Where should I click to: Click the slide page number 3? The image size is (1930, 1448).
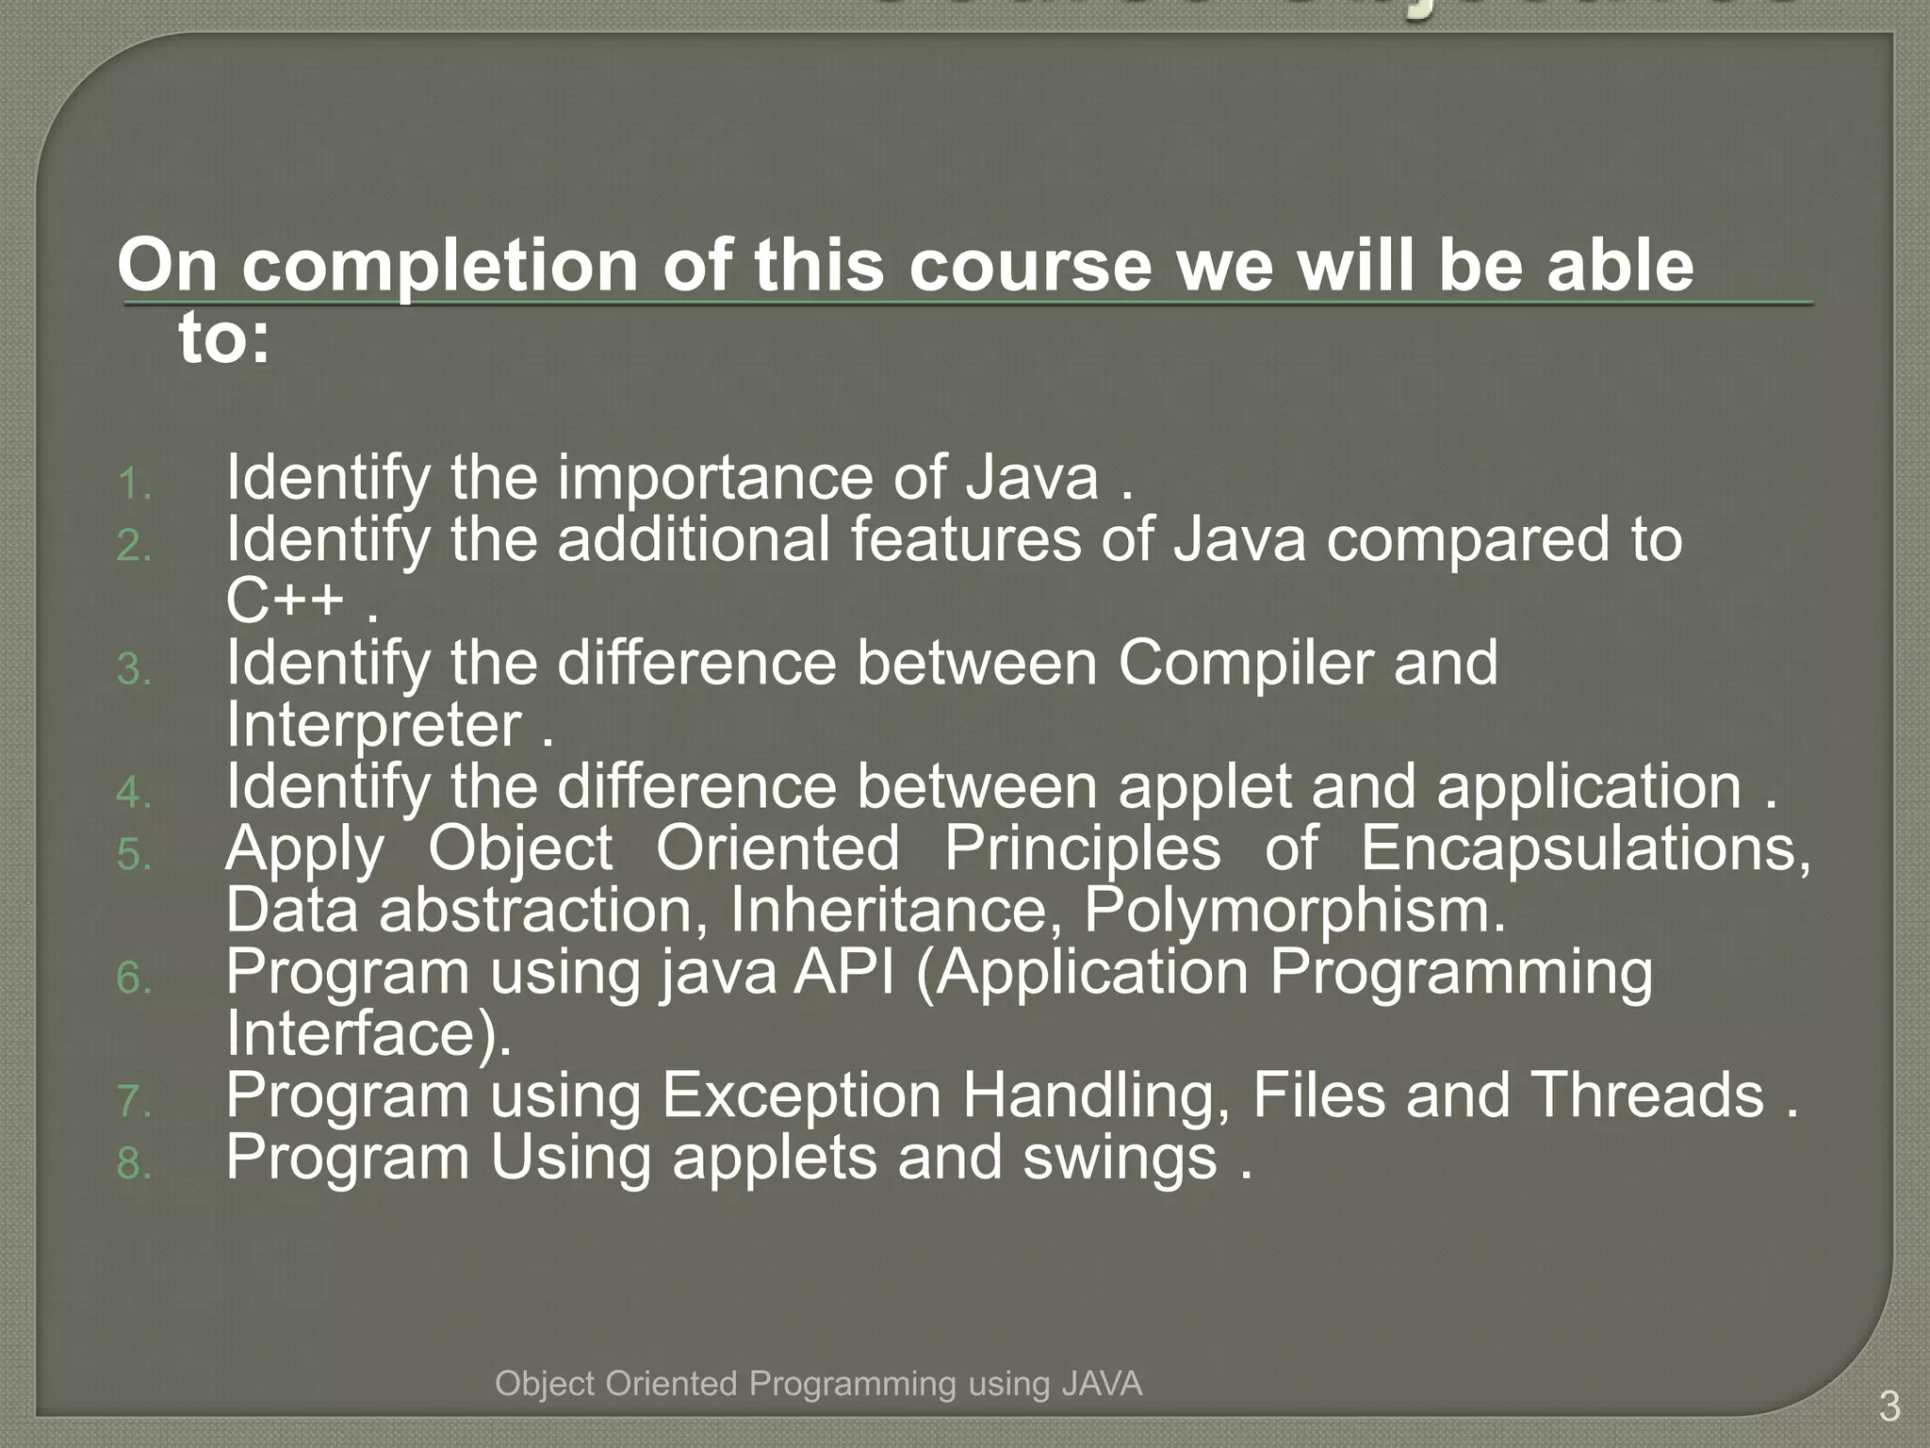1889,1407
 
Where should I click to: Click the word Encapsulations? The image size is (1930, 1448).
1585,847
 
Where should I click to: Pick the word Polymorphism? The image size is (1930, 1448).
1294,910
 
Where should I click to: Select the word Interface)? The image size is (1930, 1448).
368,1033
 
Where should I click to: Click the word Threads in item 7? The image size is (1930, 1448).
1646,1095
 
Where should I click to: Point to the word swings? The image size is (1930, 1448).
1120,1159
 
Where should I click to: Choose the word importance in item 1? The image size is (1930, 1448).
714,477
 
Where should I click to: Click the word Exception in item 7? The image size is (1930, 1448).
801,1095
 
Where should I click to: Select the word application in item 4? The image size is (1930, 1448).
1589,786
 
